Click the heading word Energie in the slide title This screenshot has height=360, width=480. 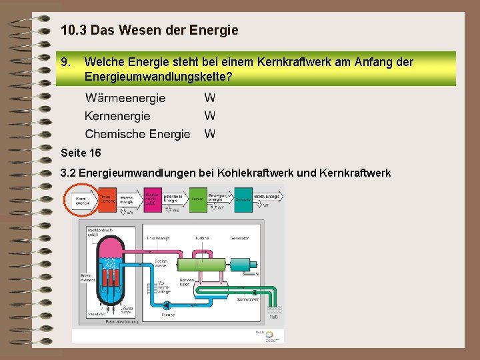(x=213, y=30)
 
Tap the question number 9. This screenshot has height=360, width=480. (x=65, y=62)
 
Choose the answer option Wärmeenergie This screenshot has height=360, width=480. (x=125, y=98)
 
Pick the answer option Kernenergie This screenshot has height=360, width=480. (x=117, y=116)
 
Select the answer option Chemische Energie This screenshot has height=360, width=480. (x=137, y=134)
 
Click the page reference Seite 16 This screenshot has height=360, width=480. (x=80, y=153)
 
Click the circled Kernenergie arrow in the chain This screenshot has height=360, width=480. (x=82, y=199)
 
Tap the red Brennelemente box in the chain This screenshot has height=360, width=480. (x=106, y=199)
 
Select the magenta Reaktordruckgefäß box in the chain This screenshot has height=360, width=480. (x=151, y=199)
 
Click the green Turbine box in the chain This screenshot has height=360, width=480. (x=197, y=199)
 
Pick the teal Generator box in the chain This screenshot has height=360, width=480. (x=243, y=199)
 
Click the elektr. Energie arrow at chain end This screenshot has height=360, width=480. (x=267, y=197)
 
